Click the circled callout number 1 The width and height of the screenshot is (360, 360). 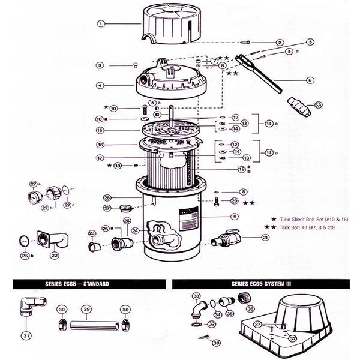[x=101, y=24]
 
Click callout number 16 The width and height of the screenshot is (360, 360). [x=101, y=145]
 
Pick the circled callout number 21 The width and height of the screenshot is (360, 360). [x=265, y=238]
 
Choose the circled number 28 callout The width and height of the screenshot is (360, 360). [x=107, y=197]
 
